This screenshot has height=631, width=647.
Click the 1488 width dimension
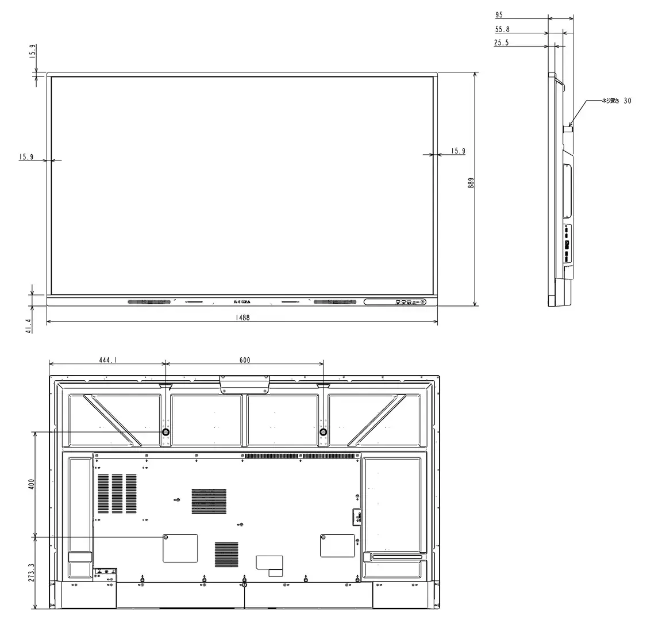[x=242, y=318]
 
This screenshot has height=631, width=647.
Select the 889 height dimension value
[x=471, y=183]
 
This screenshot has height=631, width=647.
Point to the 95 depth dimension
[x=499, y=15]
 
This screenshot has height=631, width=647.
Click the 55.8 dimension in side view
[x=501, y=29]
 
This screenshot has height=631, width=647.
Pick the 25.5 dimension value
[x=501, y=43]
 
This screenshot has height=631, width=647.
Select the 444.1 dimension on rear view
[x=107, y=360]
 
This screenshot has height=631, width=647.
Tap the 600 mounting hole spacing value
[x=244, y=360]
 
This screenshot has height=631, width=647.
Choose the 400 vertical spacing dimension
[x=32, y=484]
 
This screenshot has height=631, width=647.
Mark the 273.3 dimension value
[x=32, y=573]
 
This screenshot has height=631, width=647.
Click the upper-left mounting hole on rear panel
[x=166, y=432]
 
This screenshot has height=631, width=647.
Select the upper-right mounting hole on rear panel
[x=323, y=432]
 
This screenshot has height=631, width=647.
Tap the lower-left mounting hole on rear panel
[x=166, y=537]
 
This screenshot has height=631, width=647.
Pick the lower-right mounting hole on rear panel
[x=323, y=537]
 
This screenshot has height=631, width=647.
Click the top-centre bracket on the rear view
[x=244, y=384]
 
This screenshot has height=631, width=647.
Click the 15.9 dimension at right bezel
[x=458, y=151]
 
